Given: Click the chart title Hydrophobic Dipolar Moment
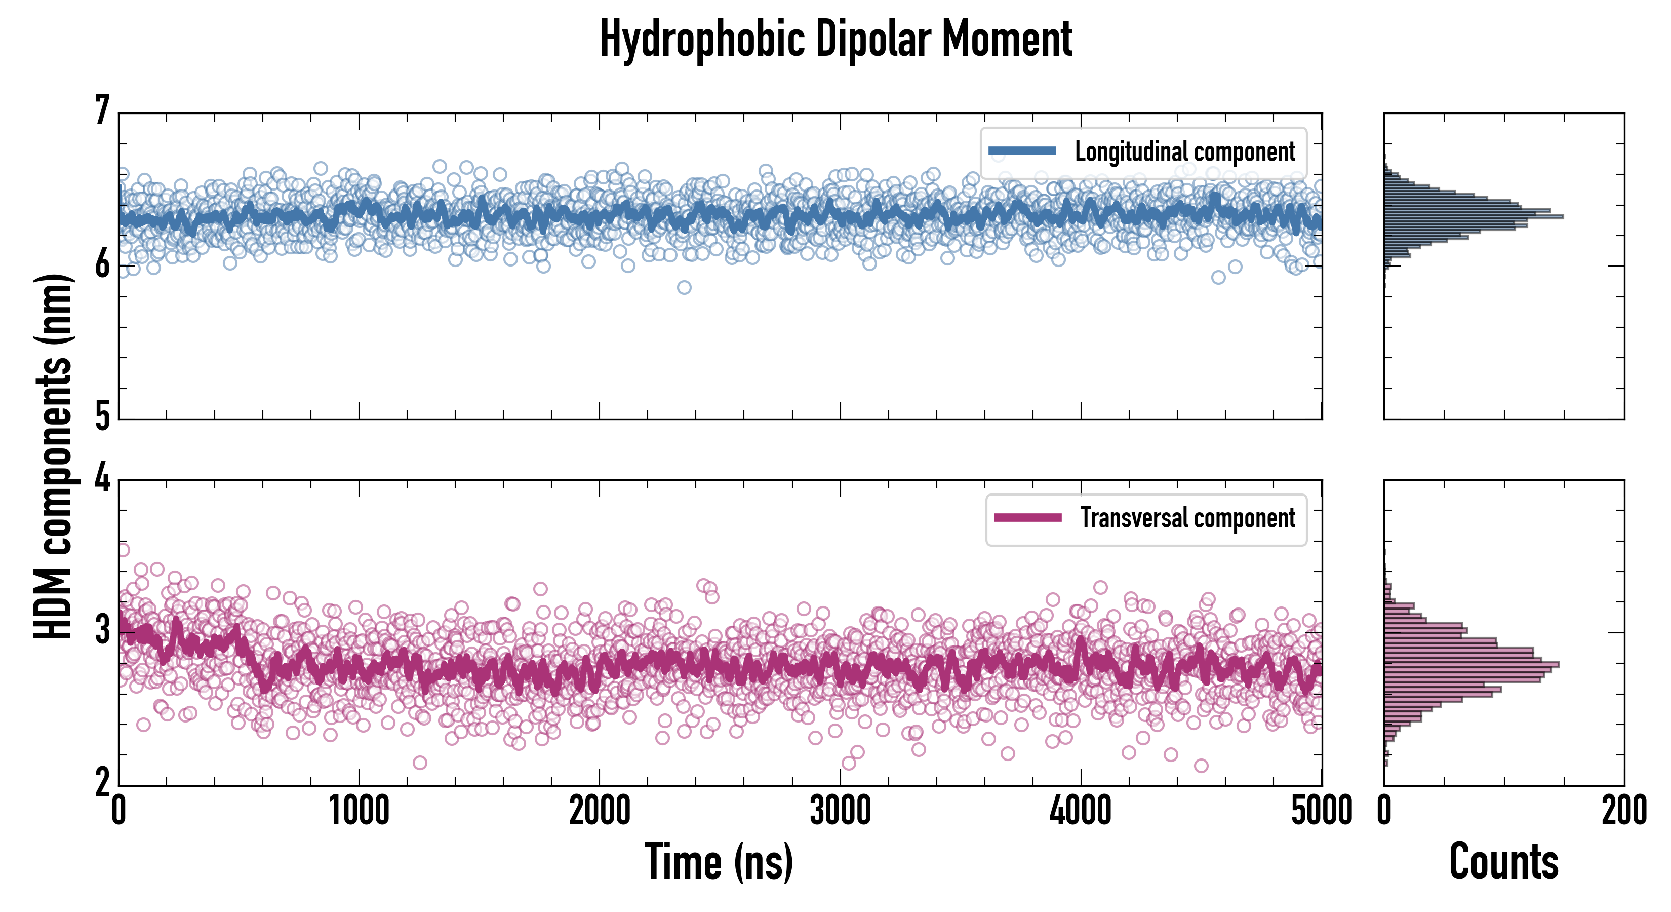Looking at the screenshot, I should pos(835,40).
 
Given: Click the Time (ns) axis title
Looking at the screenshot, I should pos(719,861).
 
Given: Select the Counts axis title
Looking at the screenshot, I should pos(1503,861).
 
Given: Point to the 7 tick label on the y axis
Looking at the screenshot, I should pos(102,111).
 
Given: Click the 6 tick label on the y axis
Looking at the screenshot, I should pos(102,265).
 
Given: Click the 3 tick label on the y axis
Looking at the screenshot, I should pos(102,630).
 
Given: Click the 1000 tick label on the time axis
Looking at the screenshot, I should pos(359,811).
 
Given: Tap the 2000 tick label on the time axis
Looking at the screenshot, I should pos(600,811).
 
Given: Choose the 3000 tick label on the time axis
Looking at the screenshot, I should pos(840,811).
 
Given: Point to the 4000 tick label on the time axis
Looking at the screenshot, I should pos(1081,811).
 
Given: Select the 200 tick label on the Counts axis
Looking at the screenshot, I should pos(1623,811).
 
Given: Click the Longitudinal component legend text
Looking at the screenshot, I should pos(1184,152).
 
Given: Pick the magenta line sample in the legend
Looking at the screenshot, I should pos(1027,518).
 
